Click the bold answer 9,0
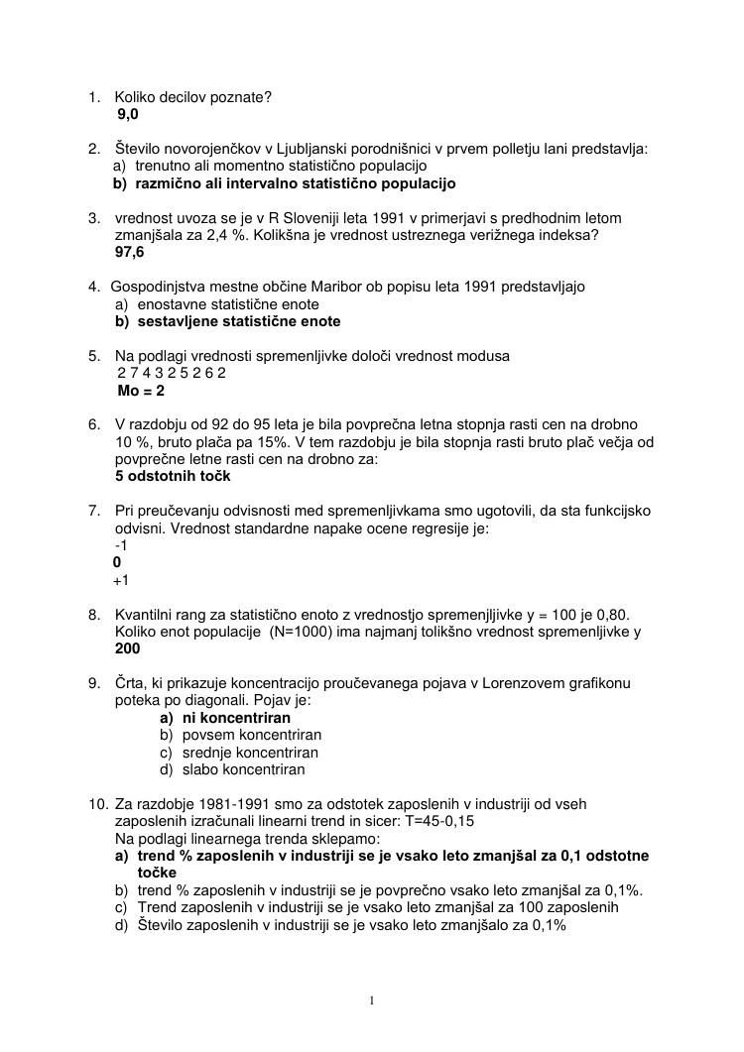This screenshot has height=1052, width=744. click(x=128, y=115)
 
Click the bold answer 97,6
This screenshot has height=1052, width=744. click(x=130, y=252)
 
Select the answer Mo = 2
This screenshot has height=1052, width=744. click(x=141, y=391)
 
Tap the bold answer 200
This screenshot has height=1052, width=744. click(x=128, y=648)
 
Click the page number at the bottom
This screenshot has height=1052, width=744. click(x=372, y=1000)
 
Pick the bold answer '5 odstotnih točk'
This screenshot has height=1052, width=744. click(x=173, y=476)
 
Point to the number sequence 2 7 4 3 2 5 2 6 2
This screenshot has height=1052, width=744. click(x=172, y=373)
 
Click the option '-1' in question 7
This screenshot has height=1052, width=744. click(x=121, y=545)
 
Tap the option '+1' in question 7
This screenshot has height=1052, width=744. click(x=121, y=580)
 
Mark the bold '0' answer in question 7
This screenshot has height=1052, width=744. click(x=117, y=562)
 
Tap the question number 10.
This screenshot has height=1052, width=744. click(x=97, y=803)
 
